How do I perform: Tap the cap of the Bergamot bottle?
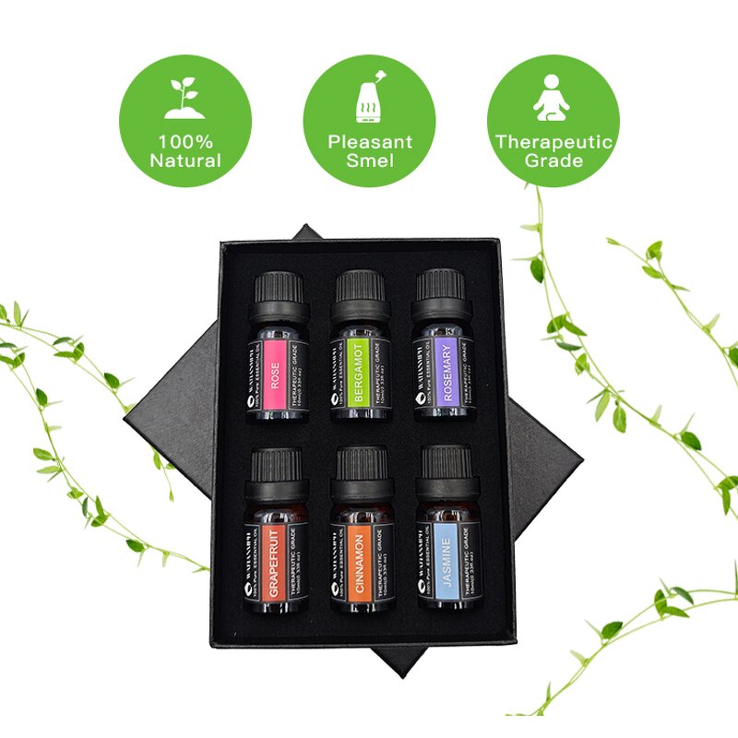point(360,287)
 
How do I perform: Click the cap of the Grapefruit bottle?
point(276,464)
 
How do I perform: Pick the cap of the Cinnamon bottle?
point(362,464)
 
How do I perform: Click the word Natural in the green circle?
point(185,161)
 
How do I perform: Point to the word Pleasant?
point(370,142)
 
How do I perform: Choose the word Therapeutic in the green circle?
point(553,142)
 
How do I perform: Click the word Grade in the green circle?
point(553,161)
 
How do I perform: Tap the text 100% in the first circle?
point(184,142)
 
